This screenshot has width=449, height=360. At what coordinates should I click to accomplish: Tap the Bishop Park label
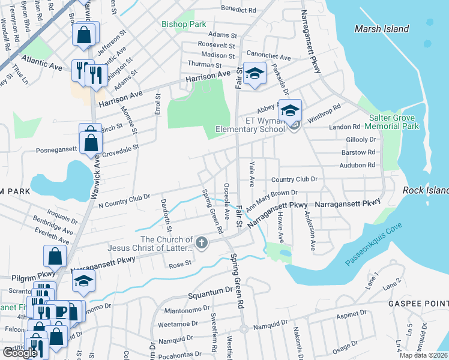[183, 25]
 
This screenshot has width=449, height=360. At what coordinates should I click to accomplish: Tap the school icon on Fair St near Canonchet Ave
[255, 74]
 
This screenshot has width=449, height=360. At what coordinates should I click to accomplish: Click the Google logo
[19, 353]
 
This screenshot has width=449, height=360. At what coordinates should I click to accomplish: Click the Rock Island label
[426, 190]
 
